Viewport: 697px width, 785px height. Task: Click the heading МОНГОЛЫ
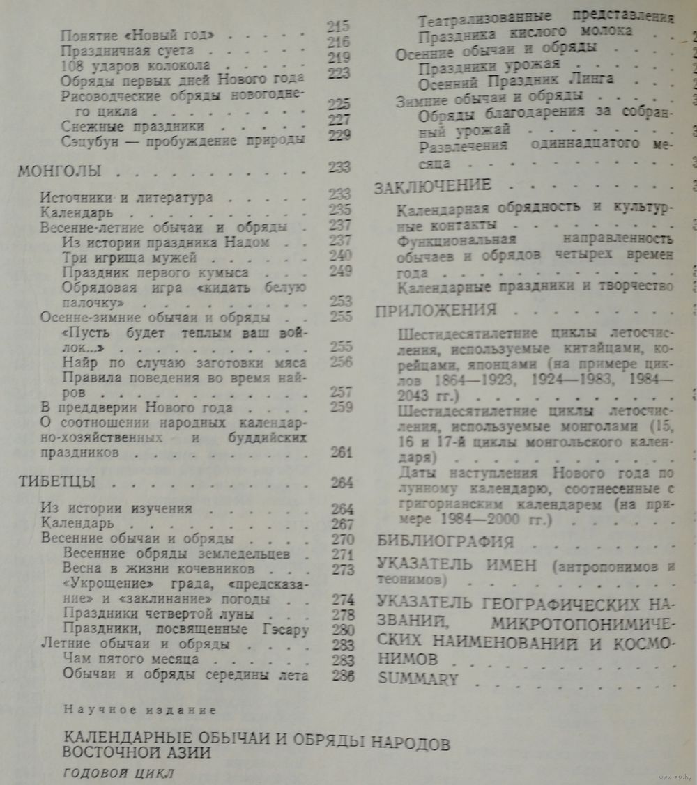59,171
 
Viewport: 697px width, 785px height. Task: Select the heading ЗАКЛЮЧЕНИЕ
433,187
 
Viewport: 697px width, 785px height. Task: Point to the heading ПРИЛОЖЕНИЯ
436,310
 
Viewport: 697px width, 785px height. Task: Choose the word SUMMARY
418,678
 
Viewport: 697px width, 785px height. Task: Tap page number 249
341,271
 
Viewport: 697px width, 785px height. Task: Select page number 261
342,453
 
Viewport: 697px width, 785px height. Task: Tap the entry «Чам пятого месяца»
131,658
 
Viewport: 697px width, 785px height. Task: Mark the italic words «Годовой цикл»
118,774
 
